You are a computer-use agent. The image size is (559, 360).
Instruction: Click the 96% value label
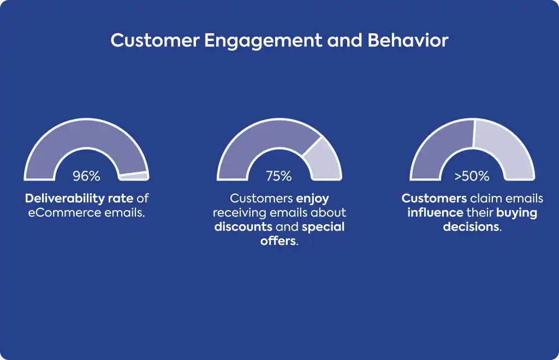point(86,176)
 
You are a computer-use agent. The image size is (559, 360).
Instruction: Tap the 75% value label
point(279,176)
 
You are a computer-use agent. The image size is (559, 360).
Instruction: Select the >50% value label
point(472,176)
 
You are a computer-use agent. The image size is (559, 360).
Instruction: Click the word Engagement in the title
point(264,41)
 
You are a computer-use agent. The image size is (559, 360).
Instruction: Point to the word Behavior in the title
point(407,40)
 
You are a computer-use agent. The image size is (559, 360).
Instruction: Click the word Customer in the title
point(155,40)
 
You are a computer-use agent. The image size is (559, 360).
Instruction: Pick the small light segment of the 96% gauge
point(134,175)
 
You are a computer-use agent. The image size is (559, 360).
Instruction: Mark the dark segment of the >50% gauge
point(442,146)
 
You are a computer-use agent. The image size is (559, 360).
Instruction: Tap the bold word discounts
point(243,227)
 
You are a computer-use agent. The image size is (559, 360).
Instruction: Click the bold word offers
point(278,241)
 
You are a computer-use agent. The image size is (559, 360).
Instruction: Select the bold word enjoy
point(313,199)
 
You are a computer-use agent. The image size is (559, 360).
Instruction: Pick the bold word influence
point(435,213)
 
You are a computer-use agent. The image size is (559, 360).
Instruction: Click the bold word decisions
point(471,227)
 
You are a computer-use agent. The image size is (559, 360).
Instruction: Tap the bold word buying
point(516,213)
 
